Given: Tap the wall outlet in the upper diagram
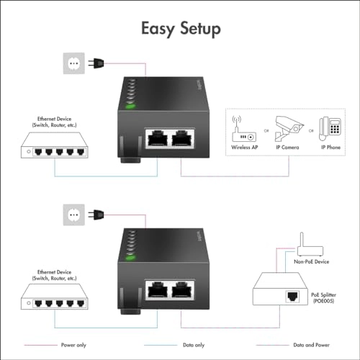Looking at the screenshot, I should [72, 63].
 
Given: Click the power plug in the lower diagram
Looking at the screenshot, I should [92, 213].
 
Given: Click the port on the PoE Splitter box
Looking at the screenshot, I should [294, 295].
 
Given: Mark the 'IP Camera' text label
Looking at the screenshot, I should [288, 147].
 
